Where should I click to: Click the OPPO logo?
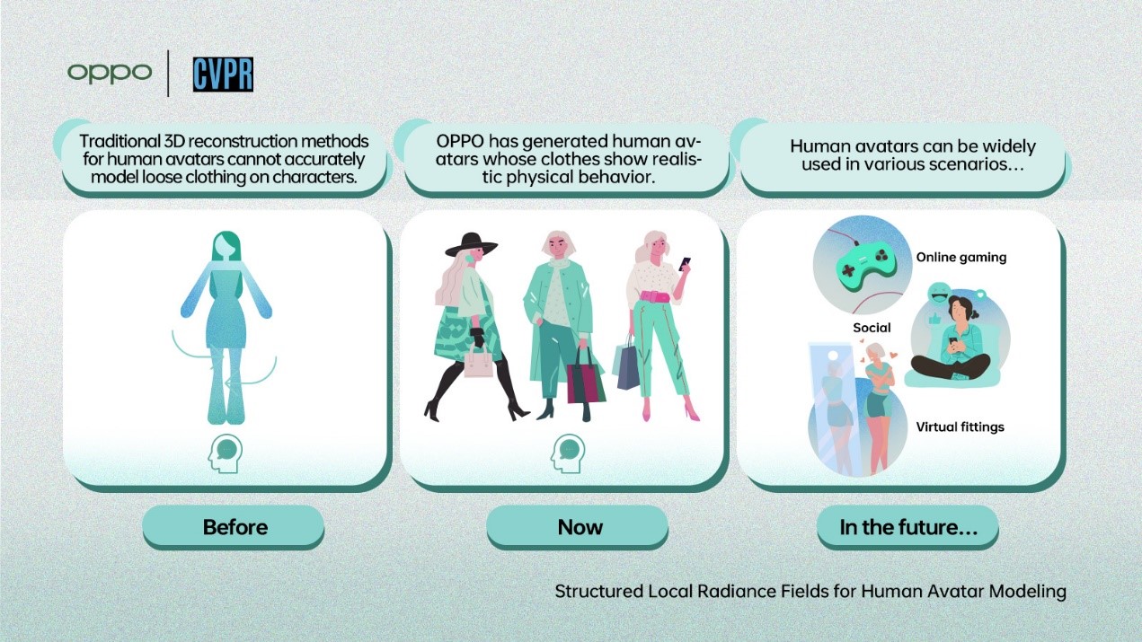pos(110,73)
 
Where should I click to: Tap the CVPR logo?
pos(223,75)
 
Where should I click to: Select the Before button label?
pos(235,527)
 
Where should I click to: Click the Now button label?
pos(580,527)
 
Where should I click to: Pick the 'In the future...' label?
pos(908,527)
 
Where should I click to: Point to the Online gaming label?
pos(961,257)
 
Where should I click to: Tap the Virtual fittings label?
pos(960,427)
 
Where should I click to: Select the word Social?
pos(872,328)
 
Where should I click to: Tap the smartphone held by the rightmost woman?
pos(685,263)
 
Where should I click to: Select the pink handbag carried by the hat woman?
pos(478,363)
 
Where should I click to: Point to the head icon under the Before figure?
pos(225,453)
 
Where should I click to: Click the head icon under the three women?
pos(568,453)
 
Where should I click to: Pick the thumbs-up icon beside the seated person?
pos(934,320)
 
